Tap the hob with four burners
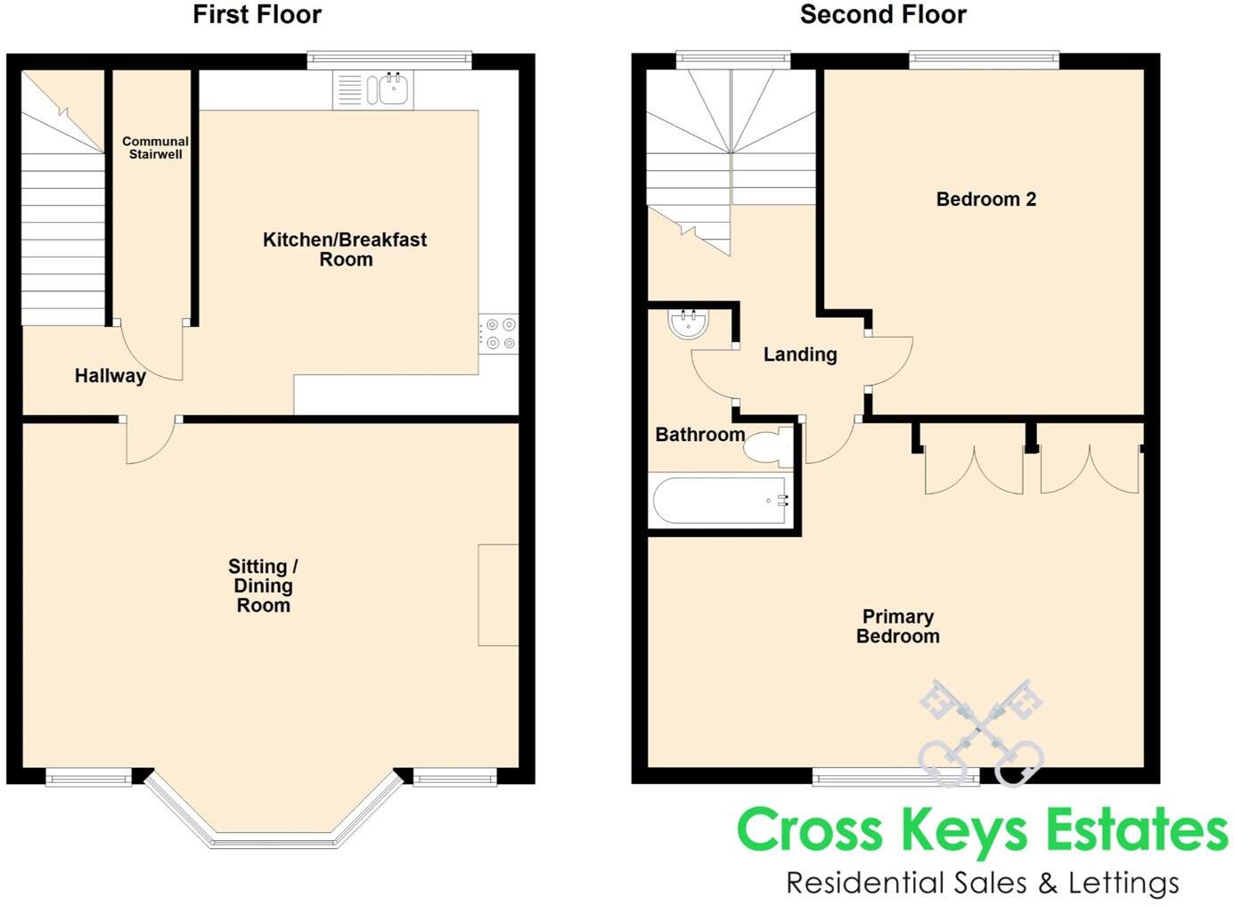tap(499, 334)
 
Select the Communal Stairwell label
tap(155, 148)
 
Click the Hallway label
tap(110, 376)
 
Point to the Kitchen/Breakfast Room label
tap(345, 249)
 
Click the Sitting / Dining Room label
tap(263, 585)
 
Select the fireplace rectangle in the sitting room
tap(498, 594)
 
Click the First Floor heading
tap(257, 14)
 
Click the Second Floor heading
tap(882, 14)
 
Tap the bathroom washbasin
tap(688, 323)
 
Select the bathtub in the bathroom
tap(721, 501)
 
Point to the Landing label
tap(800, 355)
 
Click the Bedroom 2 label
tap(985, 200)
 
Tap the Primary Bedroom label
tap(897, 626)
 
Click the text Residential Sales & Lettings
tap(982, 883)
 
